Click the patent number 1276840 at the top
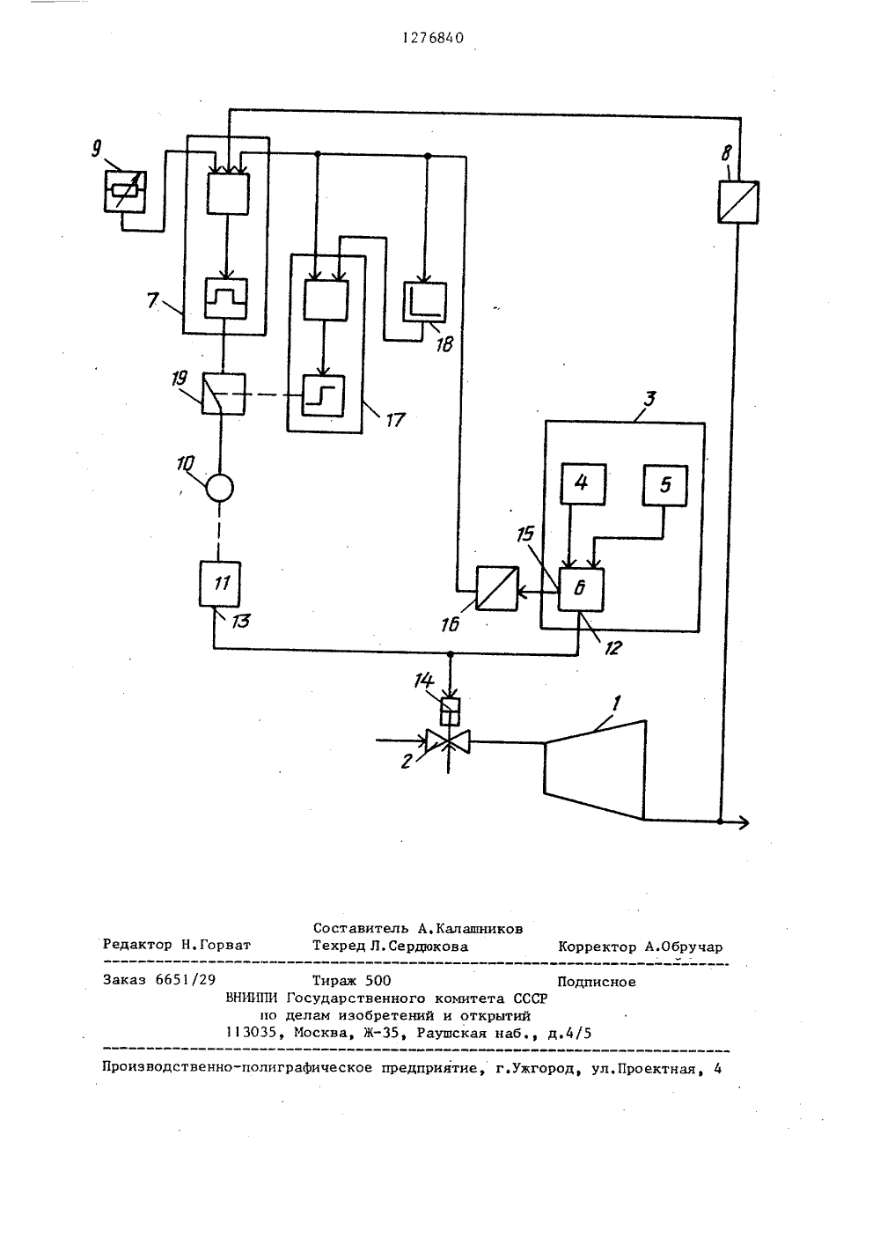433,38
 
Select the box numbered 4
583,484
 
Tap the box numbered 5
665,486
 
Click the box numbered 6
581,590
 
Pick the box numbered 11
220,584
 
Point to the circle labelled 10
220,488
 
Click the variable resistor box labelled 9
125,192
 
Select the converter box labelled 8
738,202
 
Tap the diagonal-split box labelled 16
497,588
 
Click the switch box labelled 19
223,394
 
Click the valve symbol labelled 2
448,741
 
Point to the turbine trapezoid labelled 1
595,770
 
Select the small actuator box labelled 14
450,712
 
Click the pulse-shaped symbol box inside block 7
226,298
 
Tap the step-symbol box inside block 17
323,395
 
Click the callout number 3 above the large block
649,399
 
